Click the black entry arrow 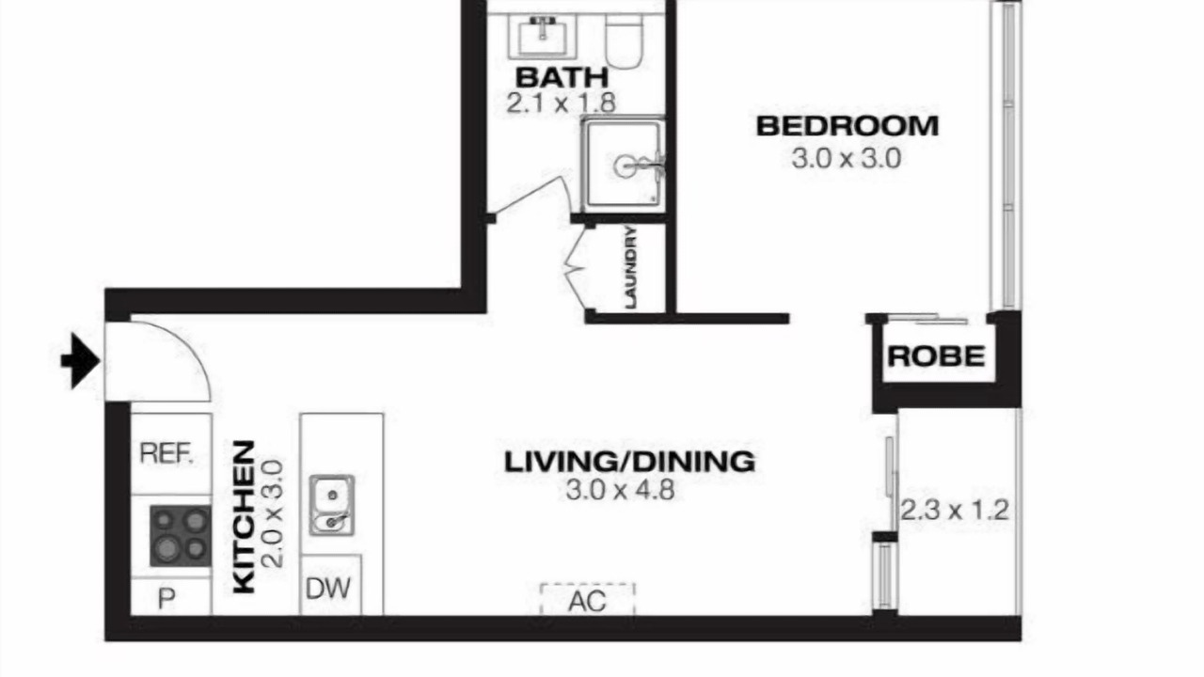point(81,360)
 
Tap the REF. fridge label point(166,453)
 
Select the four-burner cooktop point(180,536)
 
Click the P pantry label point(166,598)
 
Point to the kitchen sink point(332,505)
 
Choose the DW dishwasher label point(328,589)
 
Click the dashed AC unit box point(588,599)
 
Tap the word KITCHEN point(244,517)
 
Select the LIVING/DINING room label point(629,462)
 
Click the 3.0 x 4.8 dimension point(620,490)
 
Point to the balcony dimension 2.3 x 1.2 point(955,510)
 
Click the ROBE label point(936,356)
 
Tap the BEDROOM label point(848,126)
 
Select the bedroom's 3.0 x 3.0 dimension point(847,159)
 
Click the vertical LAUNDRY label point(631,267)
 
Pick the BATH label point(562,77)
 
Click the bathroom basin point(543,37)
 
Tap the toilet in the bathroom point(624,40)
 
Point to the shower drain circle point(625,166)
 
